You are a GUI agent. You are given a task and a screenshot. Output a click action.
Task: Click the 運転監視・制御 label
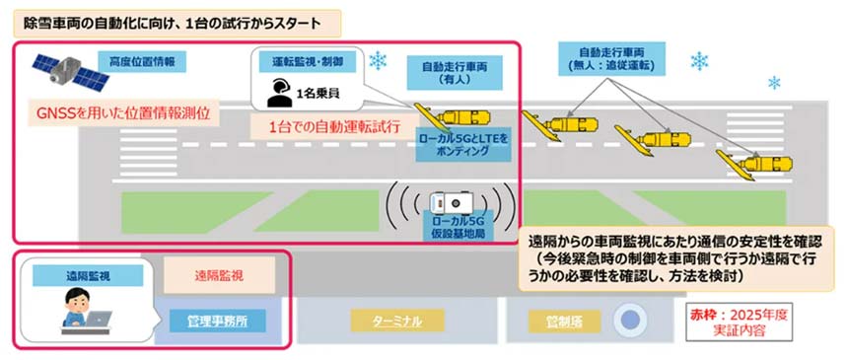[306, 61]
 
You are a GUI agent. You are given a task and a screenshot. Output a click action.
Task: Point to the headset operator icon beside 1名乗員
[278, 93]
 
